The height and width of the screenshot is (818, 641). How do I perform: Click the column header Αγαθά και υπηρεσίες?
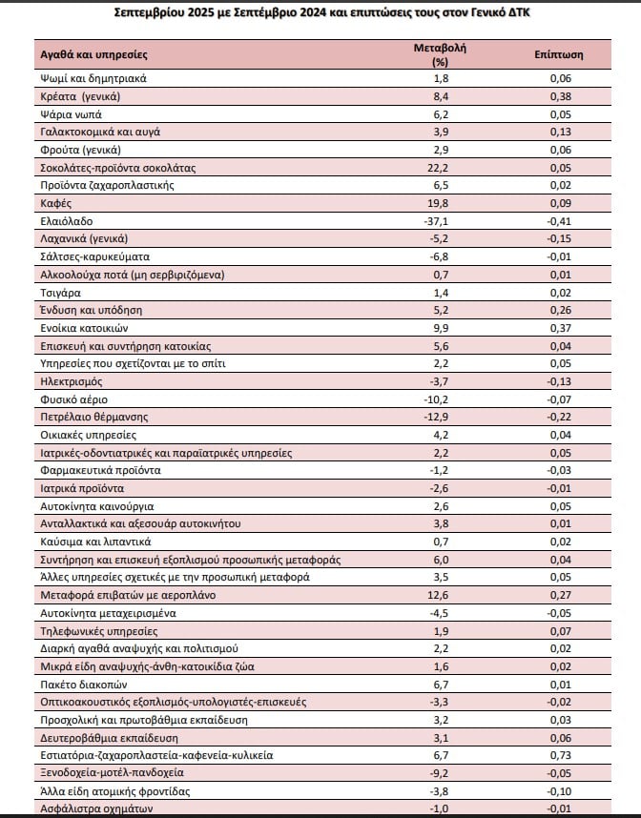point(93,55)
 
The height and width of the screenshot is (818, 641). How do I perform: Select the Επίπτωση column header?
point(560,55)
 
